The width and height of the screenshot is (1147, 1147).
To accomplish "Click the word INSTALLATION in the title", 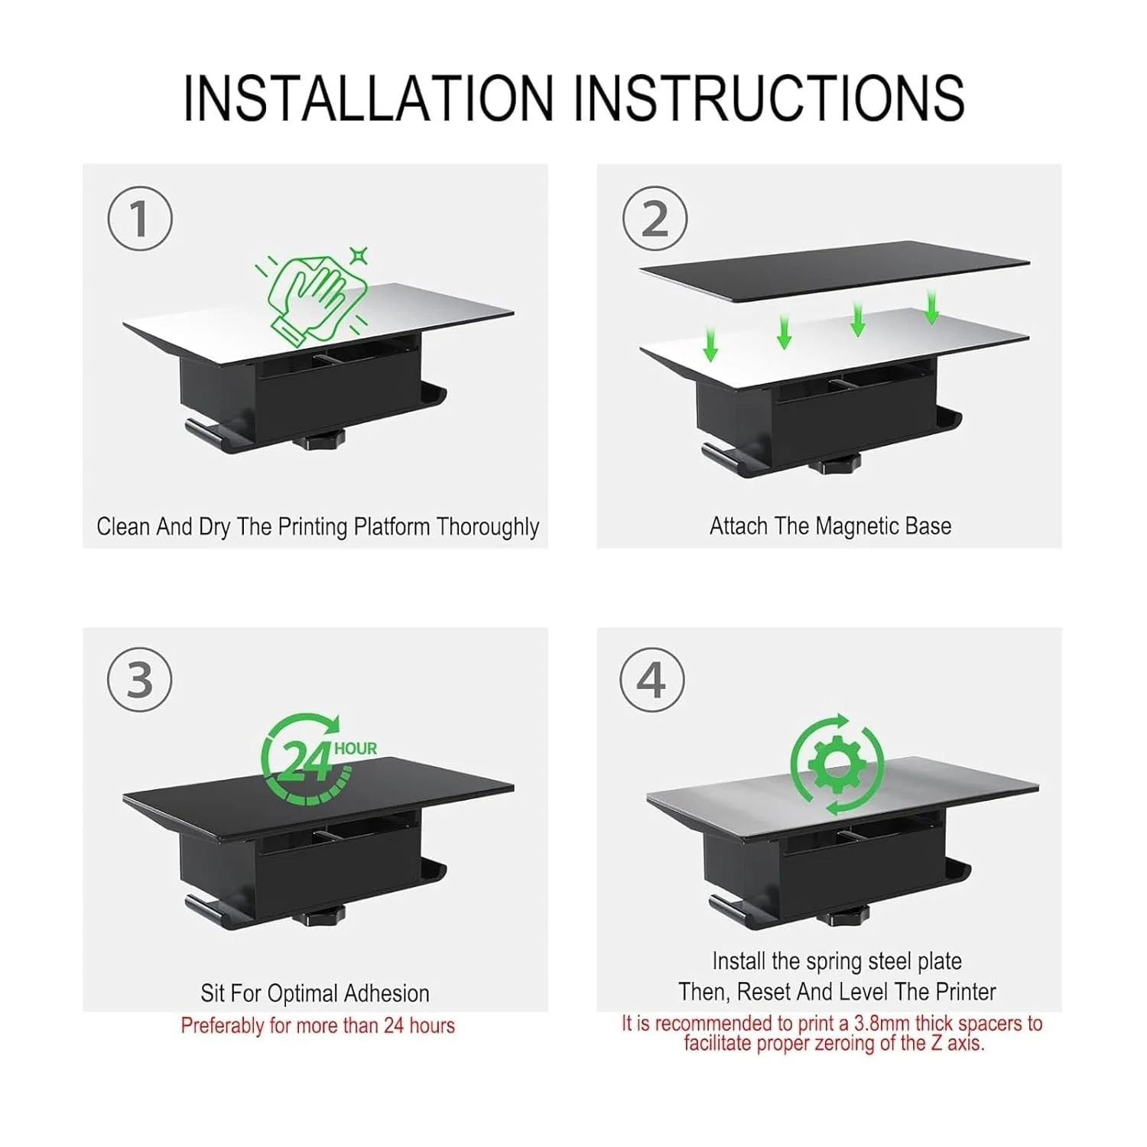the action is pyautogui.click(x=368, y=98).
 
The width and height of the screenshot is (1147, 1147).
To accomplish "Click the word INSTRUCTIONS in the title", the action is pyautogui.click(x=768, y=98).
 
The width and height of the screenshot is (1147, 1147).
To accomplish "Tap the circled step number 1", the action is pyautogui.click(x=140, y=218).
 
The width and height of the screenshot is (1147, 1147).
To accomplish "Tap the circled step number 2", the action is pyautogui.click(x=655, y=218).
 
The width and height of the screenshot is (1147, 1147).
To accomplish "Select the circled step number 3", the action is pyautogui.click(x=140, y=680).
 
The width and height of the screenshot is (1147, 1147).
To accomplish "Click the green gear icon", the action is pyautogui.click(x=837, y=765).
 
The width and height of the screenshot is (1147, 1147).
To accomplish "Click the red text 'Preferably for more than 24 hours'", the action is pyautogui.click(x=318, y=1025).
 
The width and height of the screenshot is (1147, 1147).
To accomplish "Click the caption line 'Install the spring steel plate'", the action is pyautogui.click(x=837, y=961).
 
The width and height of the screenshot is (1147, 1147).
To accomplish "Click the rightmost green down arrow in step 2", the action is pyautogui.click(x=931, y=306).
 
